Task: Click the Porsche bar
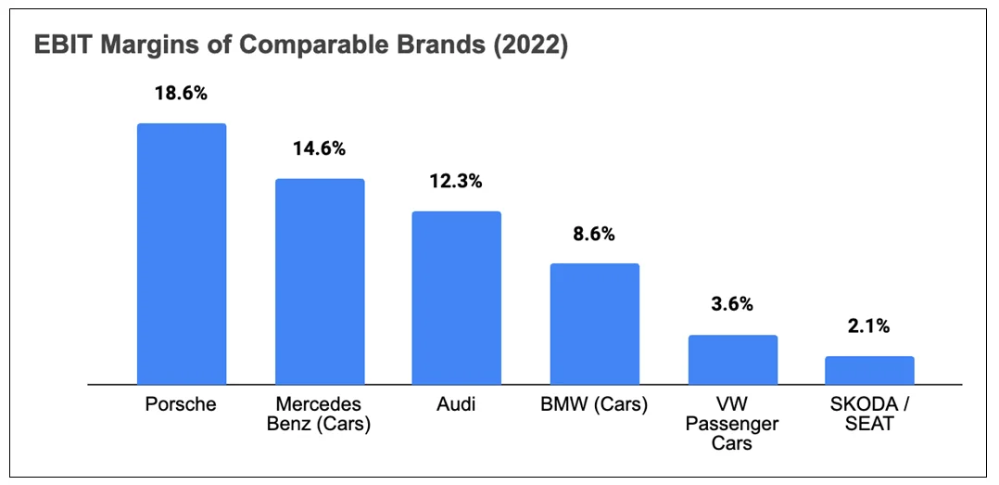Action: [x=182, y=253]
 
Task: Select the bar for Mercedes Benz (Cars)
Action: [x=320, y=281]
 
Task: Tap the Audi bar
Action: [x=457, y=298]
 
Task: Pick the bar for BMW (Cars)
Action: [x=595, y=324]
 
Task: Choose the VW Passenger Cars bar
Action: [x=732, y=359]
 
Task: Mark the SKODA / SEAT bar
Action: [x=869, y=370]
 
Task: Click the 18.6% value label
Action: [x=182, y=95]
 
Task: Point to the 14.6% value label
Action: [x=320, y=148]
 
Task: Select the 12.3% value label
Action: [x=457, y=182]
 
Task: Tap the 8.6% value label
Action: [x=595, y=234]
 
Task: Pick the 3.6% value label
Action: [x=732, y=304]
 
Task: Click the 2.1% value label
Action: [x=869, y=325]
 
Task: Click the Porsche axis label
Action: [x=182, y=405]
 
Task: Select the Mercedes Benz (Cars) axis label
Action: [x=320, y=415]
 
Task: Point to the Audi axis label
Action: [x=457, y=405]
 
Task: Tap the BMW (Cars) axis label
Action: [x=595, y=405]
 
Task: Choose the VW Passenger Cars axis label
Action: [x=732, y=424]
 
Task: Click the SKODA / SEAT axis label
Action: [x=869, y=415]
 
